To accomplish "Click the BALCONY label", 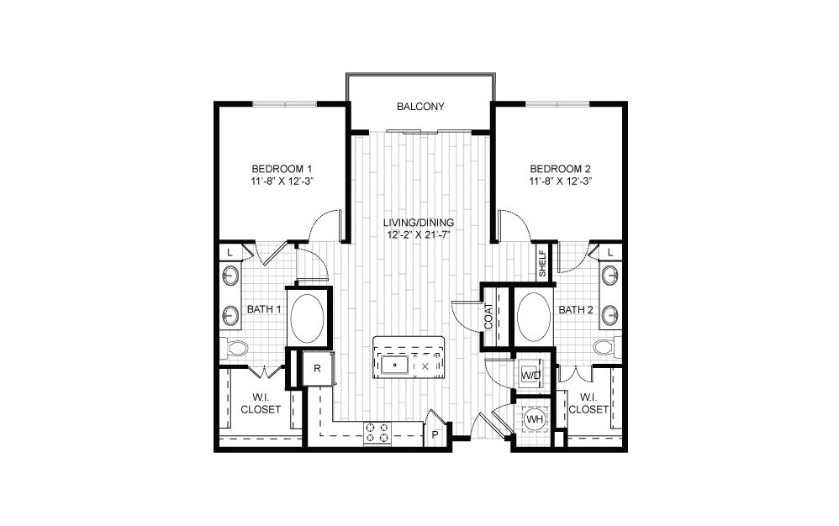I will (x=420, y=108).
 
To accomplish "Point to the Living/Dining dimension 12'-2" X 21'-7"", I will (x=419, y=234).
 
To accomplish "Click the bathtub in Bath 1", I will (x=307, y=317).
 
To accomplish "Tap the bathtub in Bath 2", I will (x=533, y=316).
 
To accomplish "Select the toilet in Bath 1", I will (x=235, y=347).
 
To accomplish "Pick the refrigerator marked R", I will (x=318, y=368).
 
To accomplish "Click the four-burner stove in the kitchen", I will (x=377, y=433).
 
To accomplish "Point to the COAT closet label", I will (x=488, y=317).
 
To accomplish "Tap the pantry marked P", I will (x=435, y=434).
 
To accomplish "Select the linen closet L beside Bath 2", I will (x=609, y=252).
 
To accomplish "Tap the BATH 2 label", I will (x=577, y=310).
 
